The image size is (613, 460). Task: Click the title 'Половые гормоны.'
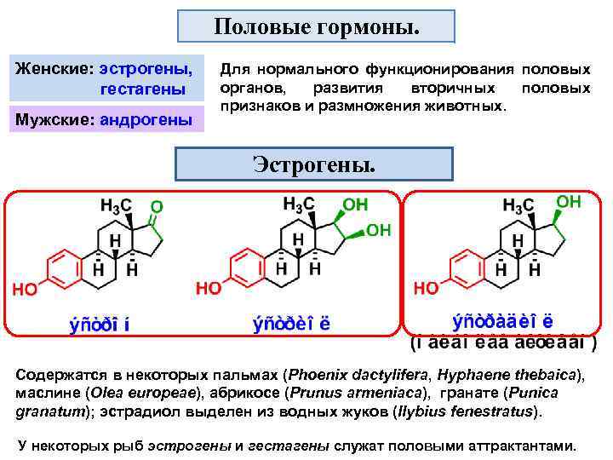point(316,26)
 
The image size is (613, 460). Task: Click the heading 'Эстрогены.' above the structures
point(315,164)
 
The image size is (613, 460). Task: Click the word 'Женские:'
point(54,66)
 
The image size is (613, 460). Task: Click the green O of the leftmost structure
point(156,207)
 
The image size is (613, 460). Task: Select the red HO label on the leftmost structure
point(25,290)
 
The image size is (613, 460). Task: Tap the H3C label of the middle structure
point(299,203)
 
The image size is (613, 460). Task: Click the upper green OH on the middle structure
point(353,205)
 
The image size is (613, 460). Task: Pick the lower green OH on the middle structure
point(378,230)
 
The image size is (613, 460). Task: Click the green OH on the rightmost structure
point(568,201)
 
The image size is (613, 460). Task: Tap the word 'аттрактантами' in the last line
point(519,446)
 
